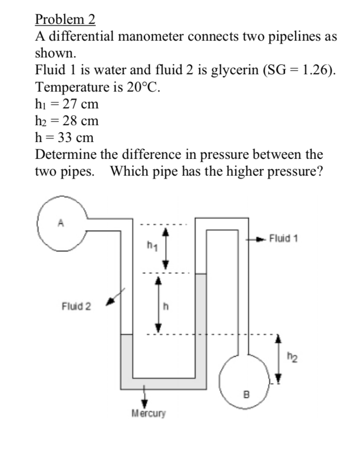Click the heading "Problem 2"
(x=65, y=20)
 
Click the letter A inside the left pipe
(x=61, y=223)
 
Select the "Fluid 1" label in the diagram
(x=283, y=239)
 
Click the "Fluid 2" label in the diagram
(x=76, y=306)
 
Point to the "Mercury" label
(x=148, y=412)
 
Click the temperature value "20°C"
(x=143, y=88)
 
